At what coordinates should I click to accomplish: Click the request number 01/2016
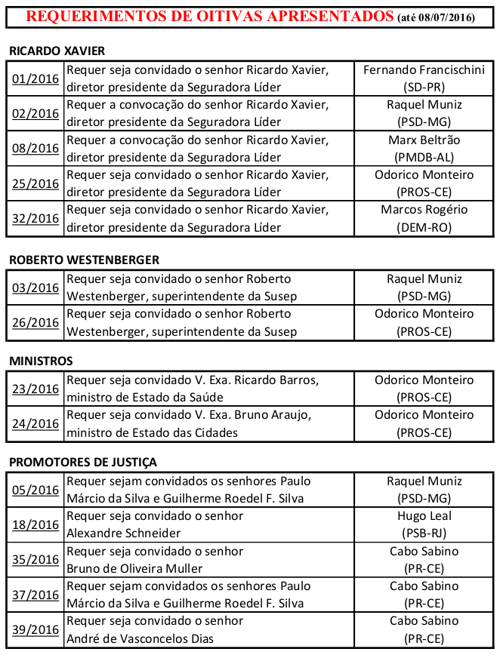[35, 78]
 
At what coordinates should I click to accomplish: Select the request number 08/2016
[35, 149]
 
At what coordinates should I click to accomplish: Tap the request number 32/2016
[35, 219]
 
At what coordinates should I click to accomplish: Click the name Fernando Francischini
[424, 70]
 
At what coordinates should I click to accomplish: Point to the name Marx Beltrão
[424, 140]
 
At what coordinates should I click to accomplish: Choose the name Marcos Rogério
[424, 210]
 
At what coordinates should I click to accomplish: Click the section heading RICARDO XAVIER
[57, 51]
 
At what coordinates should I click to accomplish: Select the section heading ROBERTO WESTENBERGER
[84, 260]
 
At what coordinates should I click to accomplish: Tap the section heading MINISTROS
[41, 361]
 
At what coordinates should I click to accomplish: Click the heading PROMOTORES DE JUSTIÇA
[83, 462]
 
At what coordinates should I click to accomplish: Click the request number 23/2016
[35, 389]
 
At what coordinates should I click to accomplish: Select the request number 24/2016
[35, 424]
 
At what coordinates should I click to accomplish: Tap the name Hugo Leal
[424, 516]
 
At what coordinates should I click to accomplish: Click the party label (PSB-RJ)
[424, 533]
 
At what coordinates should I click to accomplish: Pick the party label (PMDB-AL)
[424, 157]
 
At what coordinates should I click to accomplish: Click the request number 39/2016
[35, 630]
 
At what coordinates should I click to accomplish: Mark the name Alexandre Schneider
[124, 534]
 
